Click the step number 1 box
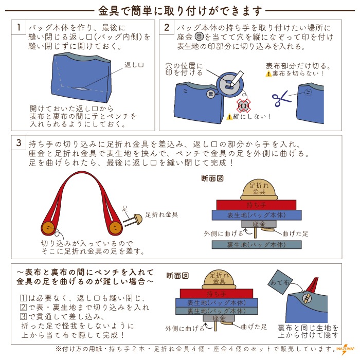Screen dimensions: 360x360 pos(19,28)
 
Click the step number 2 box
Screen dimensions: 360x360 pos(167,28)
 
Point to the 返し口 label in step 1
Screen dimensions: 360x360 pos(135,65)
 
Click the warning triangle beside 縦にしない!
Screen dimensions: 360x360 pos(230,116)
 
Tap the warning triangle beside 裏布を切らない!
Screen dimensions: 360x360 pos(268,74)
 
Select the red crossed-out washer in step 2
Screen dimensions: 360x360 pos(243,106)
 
